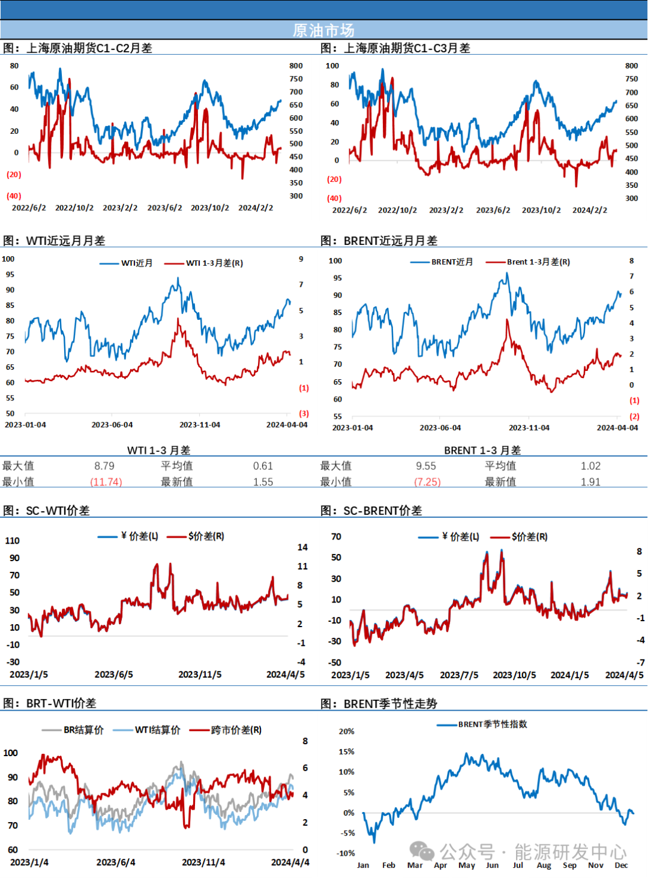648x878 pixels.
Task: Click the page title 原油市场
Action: (323, 30)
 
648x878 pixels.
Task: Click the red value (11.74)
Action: (106, 482)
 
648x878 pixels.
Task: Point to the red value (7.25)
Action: (428, 482)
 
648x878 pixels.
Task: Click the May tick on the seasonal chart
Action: (466, 865)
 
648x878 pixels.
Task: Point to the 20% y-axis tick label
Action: (347, 732)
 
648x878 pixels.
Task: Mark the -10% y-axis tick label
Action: (346, 853)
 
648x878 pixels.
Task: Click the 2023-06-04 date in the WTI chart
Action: (112, 425)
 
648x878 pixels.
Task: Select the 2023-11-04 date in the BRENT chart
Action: (529, 428)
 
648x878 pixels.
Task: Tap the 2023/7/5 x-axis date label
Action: (459, 675)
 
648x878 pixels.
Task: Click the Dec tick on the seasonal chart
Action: (621, 865)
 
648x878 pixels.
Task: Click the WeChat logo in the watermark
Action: (422, 851)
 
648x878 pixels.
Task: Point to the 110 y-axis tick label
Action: (13, 541)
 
